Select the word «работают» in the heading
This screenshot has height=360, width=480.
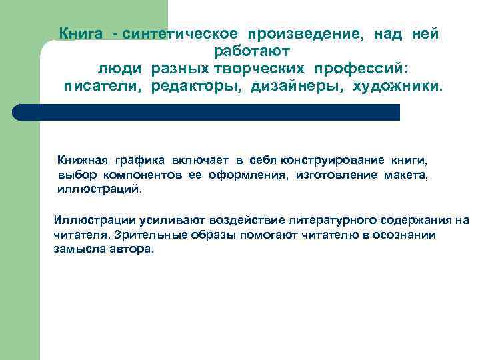[x=252, y=52]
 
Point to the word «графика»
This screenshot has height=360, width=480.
[x=139, y=161]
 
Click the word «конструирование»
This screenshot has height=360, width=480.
[x=323, y=161]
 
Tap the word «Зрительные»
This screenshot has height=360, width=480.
[x=145, y=235]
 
